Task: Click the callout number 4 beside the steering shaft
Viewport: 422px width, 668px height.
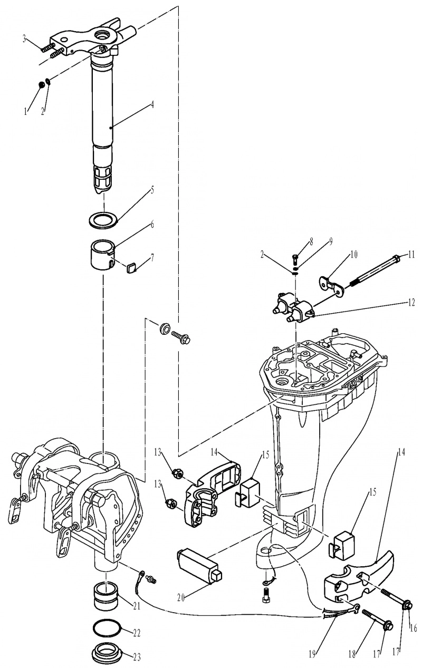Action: pos(152,105)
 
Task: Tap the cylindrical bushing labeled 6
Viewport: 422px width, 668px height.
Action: pos(103,254)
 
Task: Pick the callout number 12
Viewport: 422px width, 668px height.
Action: pos(411,303)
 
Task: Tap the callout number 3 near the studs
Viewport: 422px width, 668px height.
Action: pos(25,39)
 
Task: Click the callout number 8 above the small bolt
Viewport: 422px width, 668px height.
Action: pos(312,242)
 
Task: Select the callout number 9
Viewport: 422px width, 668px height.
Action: pos(331,242)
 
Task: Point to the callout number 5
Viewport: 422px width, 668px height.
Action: pos(152,190)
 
